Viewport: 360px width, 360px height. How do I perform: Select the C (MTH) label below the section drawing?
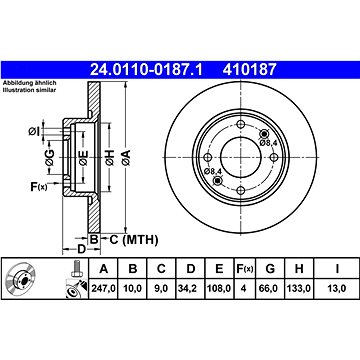coord(125,241)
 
